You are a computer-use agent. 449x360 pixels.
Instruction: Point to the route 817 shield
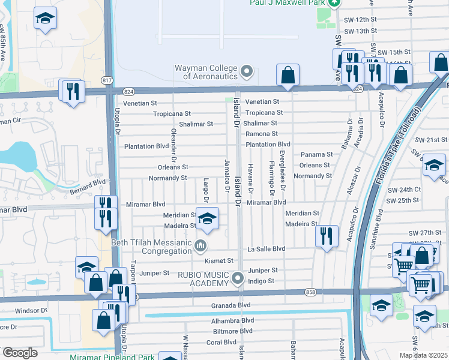point(107,80)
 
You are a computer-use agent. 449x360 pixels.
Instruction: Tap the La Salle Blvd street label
point(266,248)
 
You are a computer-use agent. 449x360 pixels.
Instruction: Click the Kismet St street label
point(218,261)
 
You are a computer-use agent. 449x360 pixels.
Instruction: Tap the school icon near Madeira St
point(207,220)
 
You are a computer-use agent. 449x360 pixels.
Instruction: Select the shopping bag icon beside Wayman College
point(288,75)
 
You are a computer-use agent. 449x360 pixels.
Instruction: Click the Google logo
point(20,353)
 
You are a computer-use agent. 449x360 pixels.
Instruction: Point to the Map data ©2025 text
point(423,355)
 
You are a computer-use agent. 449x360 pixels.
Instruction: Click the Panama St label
point(316,154)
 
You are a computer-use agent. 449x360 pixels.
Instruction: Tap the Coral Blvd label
point(221,343)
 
